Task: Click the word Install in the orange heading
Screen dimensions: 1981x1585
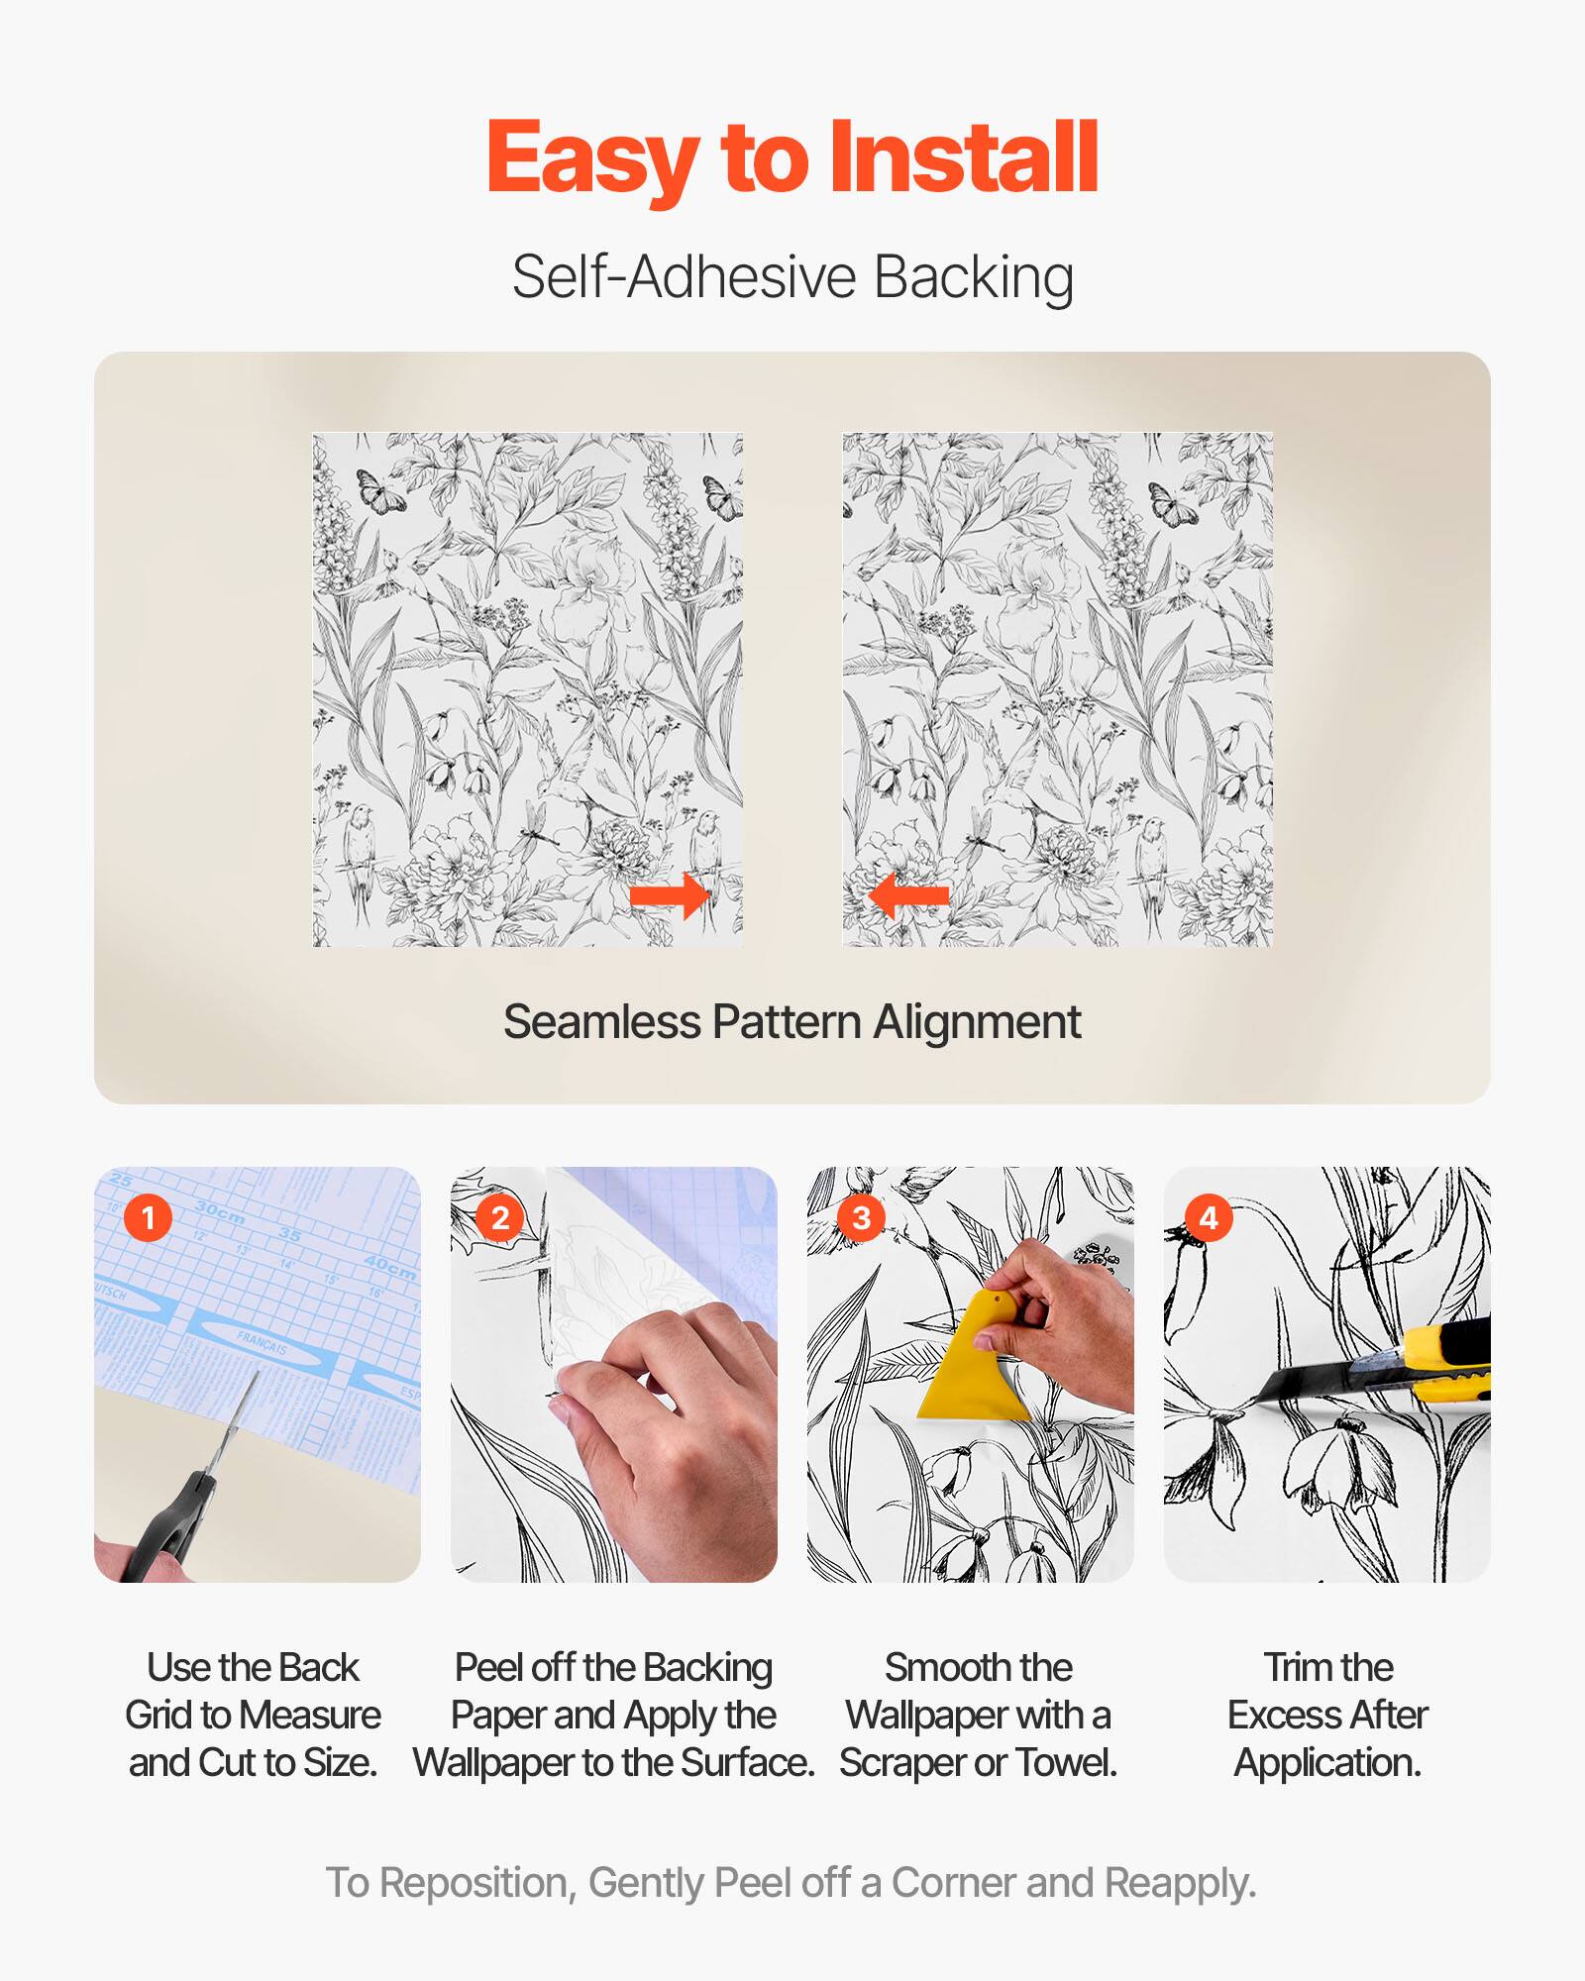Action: pos(963,158)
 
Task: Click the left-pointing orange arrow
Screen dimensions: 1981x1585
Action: pos(908,896)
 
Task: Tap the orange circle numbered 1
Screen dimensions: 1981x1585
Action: pos(149,1217)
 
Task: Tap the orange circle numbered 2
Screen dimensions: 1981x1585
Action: pos(500,1217)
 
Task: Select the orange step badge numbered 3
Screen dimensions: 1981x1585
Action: pos(861,1217)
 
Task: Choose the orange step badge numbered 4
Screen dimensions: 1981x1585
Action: pos(1209,1217)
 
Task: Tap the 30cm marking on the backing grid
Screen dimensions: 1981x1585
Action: pos(220,1210)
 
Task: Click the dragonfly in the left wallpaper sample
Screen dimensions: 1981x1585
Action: pos(536,828)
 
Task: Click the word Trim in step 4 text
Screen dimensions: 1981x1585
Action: pos(1292,1667)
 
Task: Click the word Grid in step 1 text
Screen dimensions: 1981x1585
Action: pos(158,1715)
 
